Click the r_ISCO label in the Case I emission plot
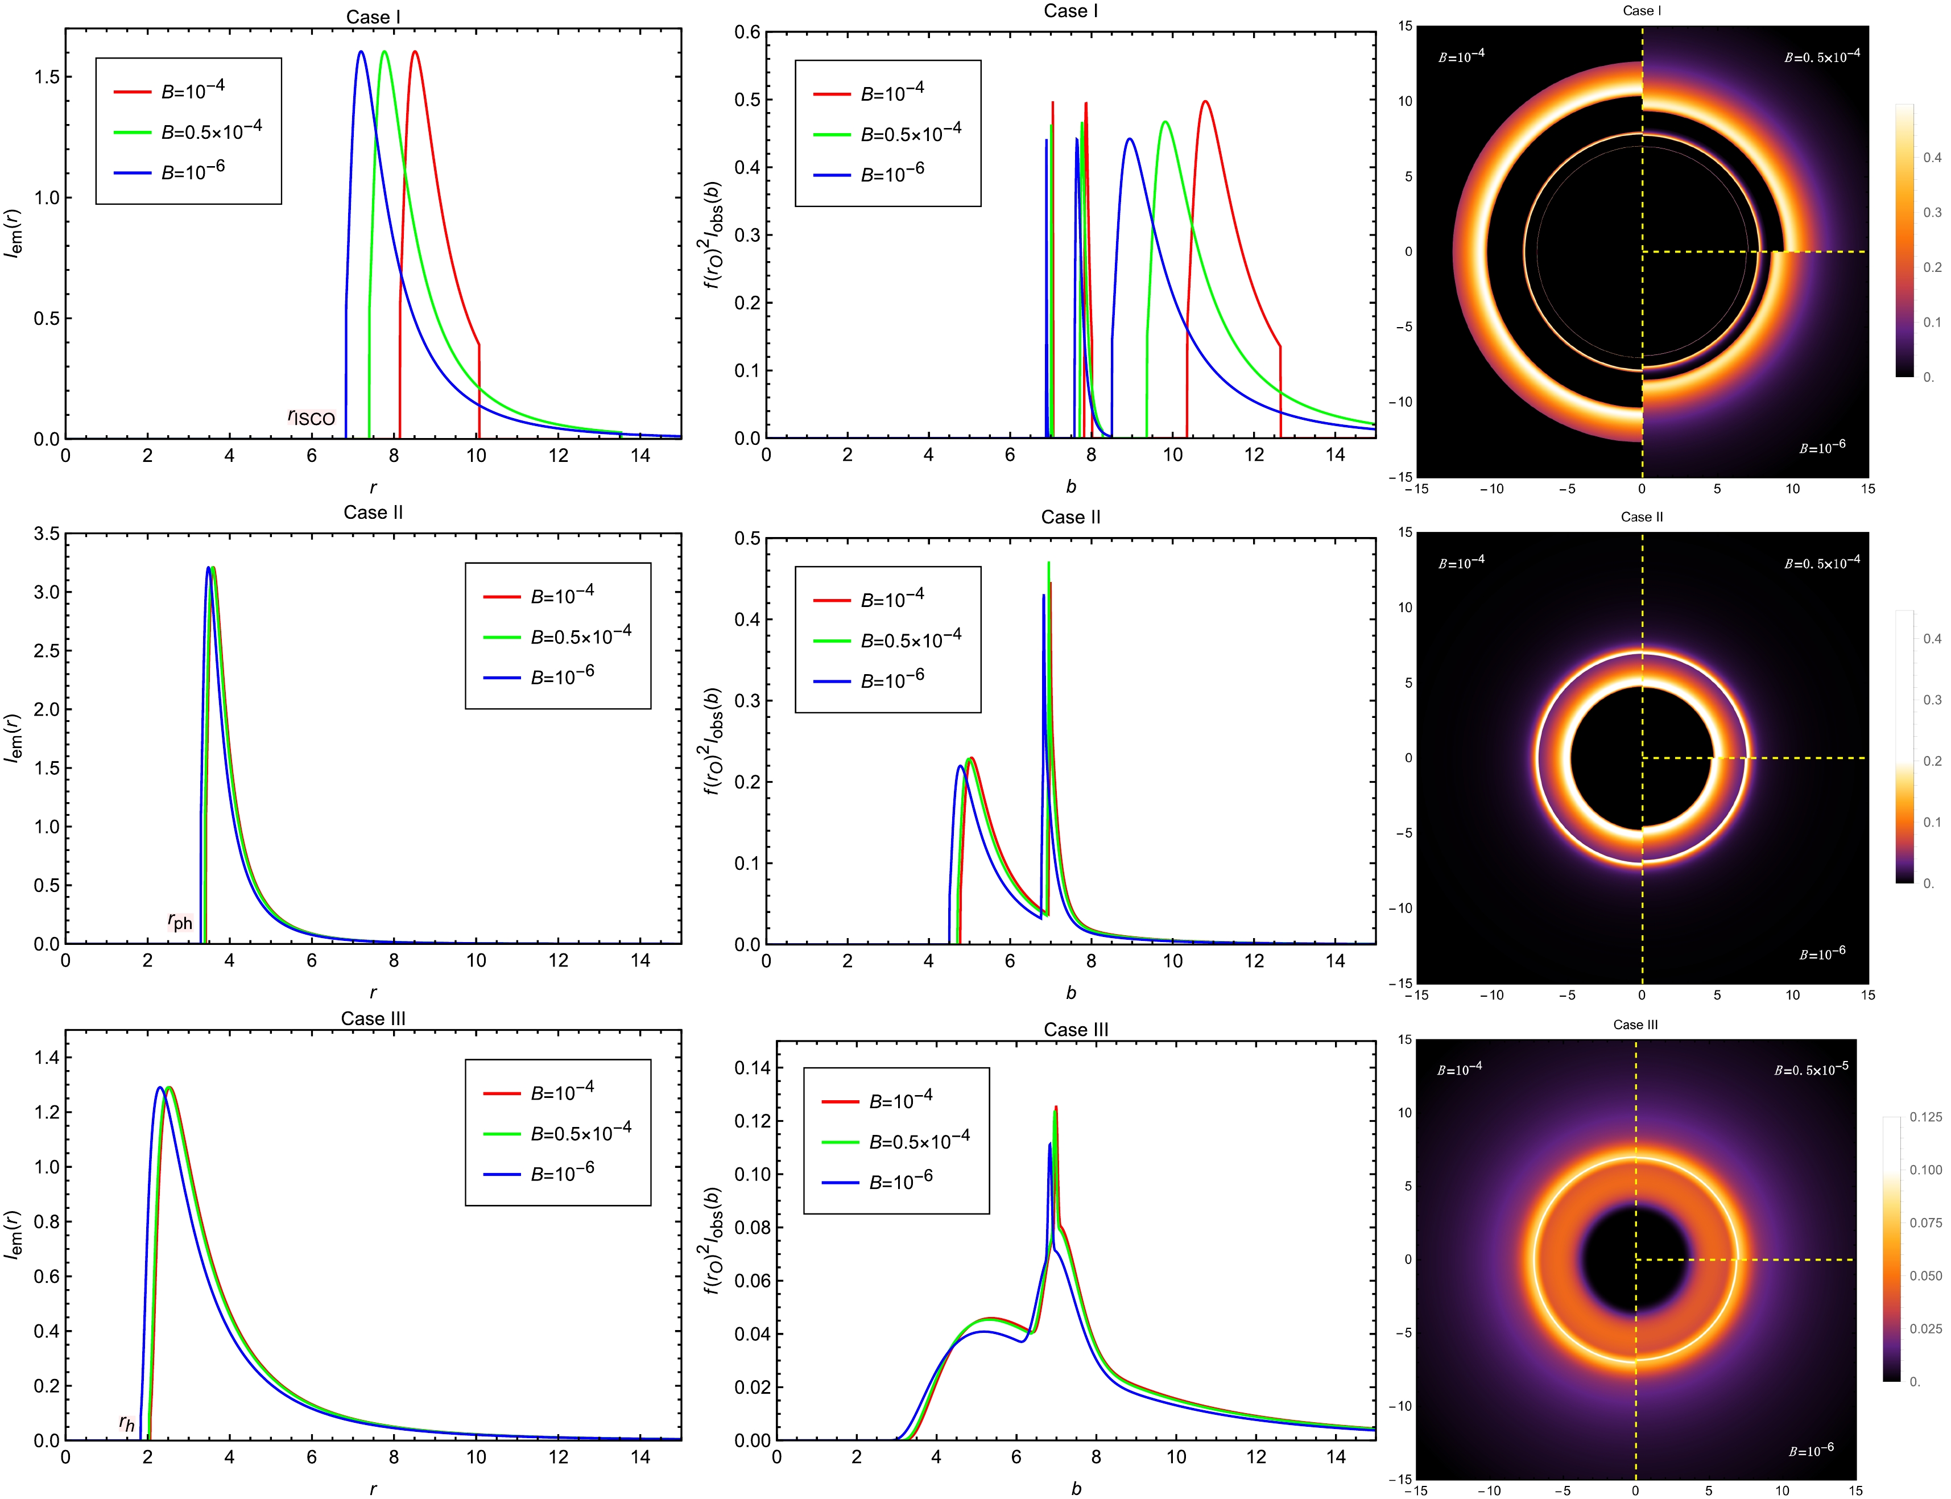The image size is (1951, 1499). [311, 418]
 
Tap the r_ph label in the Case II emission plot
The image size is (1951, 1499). [180, 922]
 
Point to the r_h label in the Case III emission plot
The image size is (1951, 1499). [127, 1424]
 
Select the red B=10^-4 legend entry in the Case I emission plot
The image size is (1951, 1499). [193, 90]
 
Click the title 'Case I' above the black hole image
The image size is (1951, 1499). [1642, 11]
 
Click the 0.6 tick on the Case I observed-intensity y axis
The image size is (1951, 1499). [747, 33]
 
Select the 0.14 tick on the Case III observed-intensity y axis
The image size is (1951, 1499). [751, 1068]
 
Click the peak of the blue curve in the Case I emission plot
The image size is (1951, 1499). [361, 52]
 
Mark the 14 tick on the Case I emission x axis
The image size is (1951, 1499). [640, 456]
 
